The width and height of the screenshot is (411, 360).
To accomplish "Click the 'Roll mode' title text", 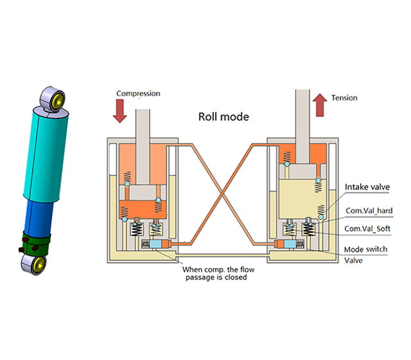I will [223, 117].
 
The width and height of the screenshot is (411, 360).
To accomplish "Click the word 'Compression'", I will [138, 94].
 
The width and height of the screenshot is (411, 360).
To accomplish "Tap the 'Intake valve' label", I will [367, 187].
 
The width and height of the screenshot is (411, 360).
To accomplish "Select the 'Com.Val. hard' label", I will [368, 211].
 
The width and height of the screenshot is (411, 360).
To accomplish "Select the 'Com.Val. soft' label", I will [367, 229].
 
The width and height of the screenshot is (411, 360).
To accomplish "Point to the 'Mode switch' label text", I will [365, 249].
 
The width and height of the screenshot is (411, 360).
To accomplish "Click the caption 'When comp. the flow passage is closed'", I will [218, 273].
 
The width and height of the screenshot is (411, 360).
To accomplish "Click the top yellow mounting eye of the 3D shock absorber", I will [55, 100].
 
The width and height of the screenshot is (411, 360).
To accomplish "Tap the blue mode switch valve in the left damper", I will [157, 245].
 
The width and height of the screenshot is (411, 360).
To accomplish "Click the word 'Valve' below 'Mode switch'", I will [354, 261].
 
